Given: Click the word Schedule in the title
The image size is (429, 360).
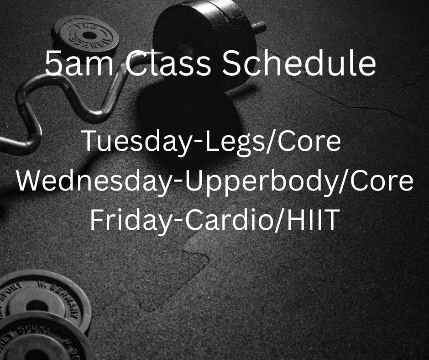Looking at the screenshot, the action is [299, 64].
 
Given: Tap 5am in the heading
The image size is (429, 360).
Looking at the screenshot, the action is [79, 64].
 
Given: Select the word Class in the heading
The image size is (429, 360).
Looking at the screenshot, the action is [168, 64].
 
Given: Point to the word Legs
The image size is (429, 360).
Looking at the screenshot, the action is [234, 141].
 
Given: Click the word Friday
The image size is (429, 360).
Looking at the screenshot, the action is [130, 220].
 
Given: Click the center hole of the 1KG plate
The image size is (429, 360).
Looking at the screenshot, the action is [89, 35].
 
